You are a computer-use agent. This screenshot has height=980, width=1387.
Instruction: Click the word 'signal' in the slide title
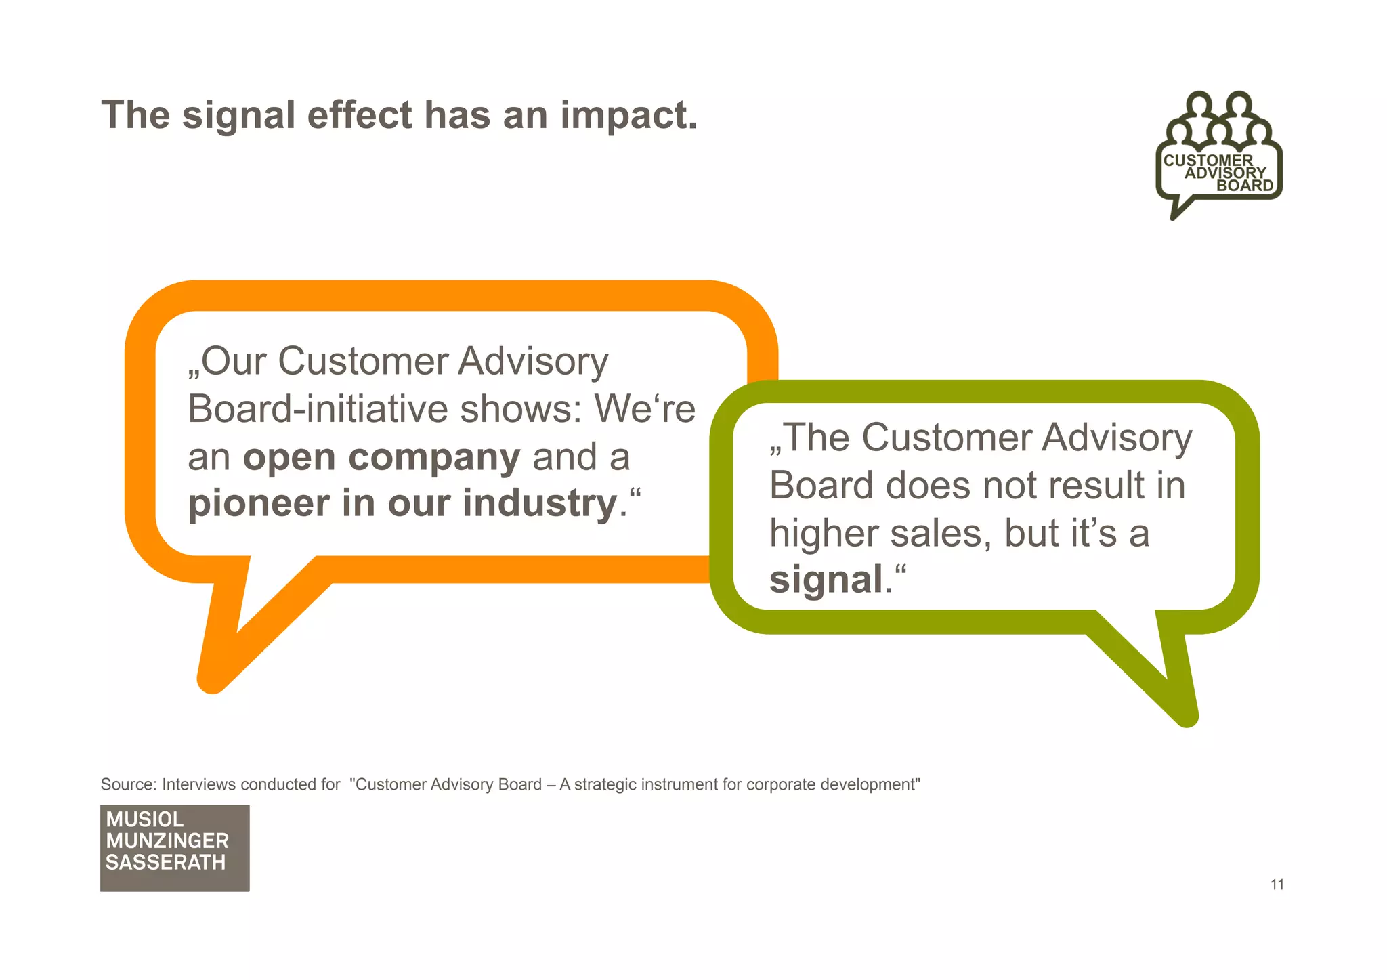238,115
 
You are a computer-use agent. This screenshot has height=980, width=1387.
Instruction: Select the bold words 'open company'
381,457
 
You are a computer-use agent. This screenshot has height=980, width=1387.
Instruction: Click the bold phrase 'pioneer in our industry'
402,503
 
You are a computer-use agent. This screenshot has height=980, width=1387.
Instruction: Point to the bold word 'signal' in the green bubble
826,580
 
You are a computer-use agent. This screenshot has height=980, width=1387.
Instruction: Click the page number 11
1277,885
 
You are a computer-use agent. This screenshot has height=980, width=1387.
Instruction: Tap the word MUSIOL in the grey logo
144,819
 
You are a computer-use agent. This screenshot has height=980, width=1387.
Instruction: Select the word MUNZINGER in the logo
167,841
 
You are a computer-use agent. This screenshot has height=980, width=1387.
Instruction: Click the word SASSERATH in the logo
165,863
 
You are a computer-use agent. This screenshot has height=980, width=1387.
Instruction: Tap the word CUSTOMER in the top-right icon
1208,161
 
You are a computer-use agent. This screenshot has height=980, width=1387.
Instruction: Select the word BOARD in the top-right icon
1245,186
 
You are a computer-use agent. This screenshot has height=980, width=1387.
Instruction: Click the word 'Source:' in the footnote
129,784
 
